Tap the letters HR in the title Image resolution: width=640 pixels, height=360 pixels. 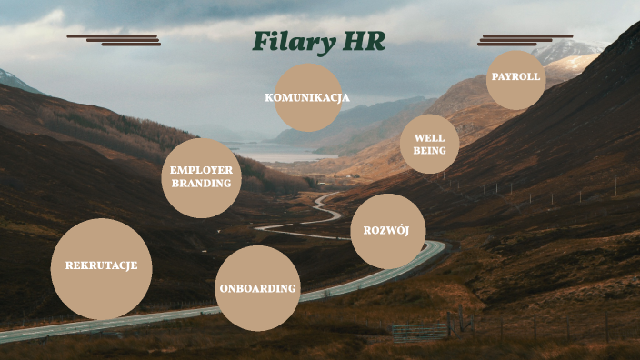point(363,42)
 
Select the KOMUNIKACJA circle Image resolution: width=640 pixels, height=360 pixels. point(307,97)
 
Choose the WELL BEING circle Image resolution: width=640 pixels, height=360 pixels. point(429,144)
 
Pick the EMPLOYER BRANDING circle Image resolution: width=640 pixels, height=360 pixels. point(202,177)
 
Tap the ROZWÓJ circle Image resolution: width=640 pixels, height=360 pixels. point(387,231)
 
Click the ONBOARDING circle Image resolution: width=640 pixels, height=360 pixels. point(258,288)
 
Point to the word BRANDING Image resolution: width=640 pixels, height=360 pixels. point(202,184)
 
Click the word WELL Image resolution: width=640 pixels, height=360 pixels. point(429,138)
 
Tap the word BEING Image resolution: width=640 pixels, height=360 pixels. point(429,150)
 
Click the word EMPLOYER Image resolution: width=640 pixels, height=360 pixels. point(202,170)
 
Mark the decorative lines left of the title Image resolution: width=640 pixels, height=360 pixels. point(114,39)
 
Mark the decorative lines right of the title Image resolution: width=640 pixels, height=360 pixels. point(525,39)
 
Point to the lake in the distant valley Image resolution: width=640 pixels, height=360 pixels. point(273,155)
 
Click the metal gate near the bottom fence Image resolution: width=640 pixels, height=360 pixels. point(420,331)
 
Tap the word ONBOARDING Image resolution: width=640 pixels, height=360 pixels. point(258,289)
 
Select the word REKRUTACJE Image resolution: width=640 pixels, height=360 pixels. point(101,265)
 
